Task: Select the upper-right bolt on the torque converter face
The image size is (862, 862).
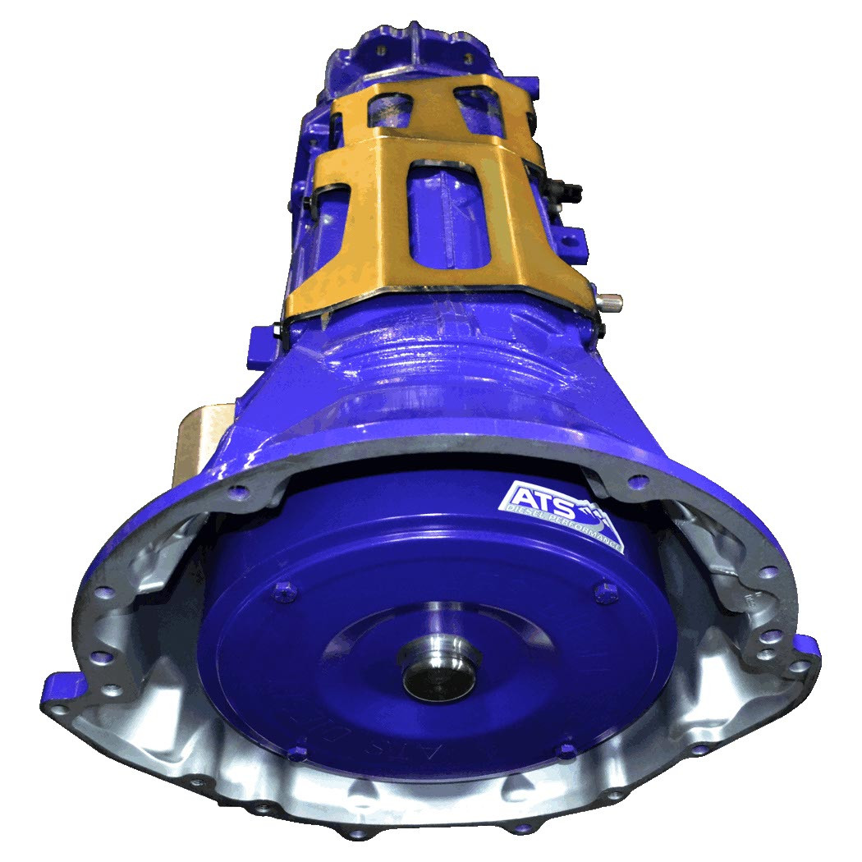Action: point(608,588)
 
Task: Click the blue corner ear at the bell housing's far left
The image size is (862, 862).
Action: point(62,681)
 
